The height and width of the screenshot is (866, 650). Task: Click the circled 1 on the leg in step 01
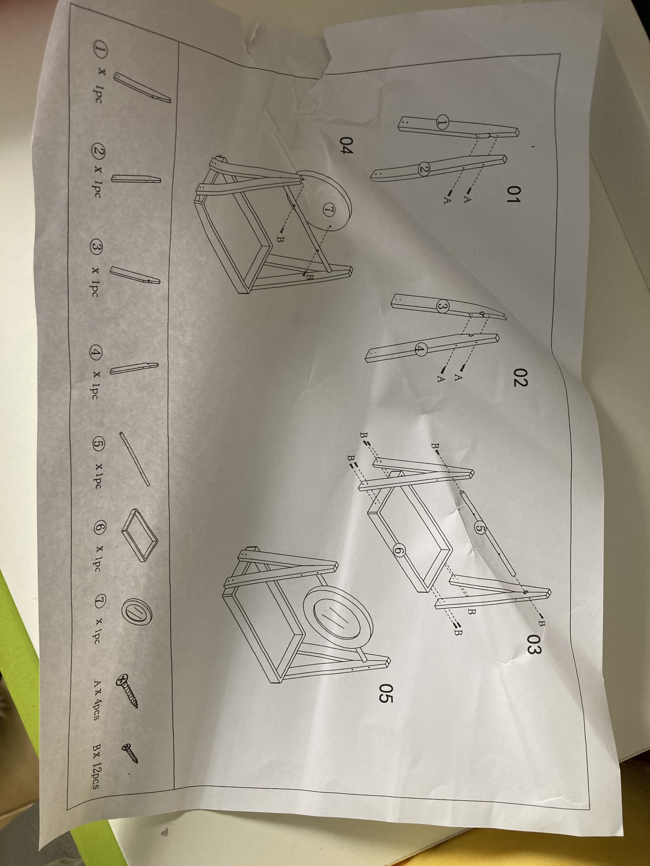coord(442,123)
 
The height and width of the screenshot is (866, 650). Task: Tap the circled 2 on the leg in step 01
coord(423,169)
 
